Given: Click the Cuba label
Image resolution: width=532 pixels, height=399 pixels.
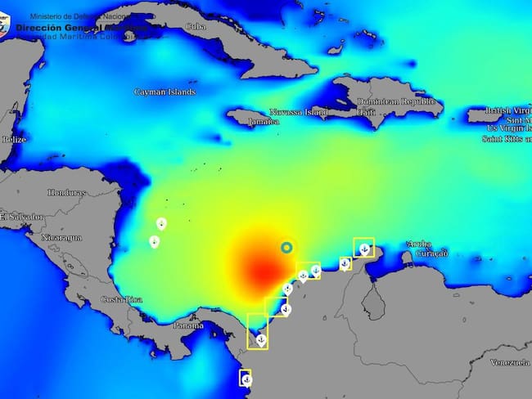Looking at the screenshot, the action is pyautogui.click(x=195, y=26).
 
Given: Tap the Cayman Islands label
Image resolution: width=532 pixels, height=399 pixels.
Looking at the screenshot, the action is pyautogui.click(x=165, y=92).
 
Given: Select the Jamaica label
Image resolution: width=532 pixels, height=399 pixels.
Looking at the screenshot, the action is pyautogui.click(x=263, y=121).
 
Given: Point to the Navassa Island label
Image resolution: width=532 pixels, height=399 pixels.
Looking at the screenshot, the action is pyautogui.click(x=299, y=112).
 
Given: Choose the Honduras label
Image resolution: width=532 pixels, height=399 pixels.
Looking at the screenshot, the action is pyautogui.click(x=66, y=193).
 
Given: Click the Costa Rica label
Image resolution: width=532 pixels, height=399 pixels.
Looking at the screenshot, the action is pyautogui.click(x=122, y=299).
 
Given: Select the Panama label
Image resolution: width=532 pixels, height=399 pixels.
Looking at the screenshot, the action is pyautogui.click(x=188, y=325).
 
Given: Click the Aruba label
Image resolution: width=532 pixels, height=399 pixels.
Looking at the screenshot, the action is pyautogui.click(x=418, y=244).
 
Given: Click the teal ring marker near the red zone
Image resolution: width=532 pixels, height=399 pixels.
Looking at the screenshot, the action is pyautogui.click(x=286, y=247).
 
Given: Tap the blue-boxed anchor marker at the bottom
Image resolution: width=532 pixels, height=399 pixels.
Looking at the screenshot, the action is pyautogui.click(x=245, y=379).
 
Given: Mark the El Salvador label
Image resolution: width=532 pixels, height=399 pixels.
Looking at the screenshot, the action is pyautogui.click(x=21, y=217).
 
